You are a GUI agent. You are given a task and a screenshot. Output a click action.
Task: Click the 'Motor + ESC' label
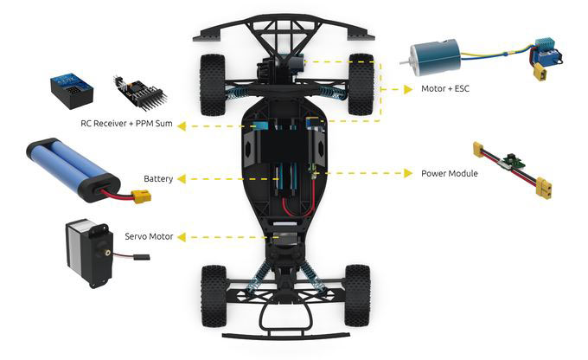[445, 88]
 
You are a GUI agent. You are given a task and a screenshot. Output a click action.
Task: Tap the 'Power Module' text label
[450, 173]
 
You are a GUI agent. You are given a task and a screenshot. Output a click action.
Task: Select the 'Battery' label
[158, 178]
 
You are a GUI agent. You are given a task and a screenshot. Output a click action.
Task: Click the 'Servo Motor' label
[149, 236]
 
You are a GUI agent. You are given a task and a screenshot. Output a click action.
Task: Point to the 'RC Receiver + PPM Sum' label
[126, 123]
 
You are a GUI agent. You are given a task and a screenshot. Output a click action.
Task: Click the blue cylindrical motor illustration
[436, 58]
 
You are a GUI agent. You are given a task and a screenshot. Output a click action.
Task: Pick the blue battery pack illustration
[73, 170]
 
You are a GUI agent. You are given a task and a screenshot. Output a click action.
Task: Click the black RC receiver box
[72, 91]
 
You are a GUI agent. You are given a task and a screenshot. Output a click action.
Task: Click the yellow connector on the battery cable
[141, 196]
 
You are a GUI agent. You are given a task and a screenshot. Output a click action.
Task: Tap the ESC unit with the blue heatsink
[546, 54]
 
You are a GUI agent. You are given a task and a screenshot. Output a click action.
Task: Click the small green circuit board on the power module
[512, 159]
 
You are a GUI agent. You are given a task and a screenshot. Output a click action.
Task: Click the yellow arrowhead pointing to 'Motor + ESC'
[408, 89]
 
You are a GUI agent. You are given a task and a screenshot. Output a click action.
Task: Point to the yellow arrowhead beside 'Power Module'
[408, 173]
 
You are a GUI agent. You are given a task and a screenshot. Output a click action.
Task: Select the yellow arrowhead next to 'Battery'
[181, 179]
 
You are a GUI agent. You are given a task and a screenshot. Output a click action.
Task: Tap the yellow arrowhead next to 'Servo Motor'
[181, 237]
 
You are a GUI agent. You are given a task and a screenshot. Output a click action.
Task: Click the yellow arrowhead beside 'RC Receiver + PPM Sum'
[181, 126]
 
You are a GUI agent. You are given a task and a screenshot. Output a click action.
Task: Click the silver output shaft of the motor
[405, 61]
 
